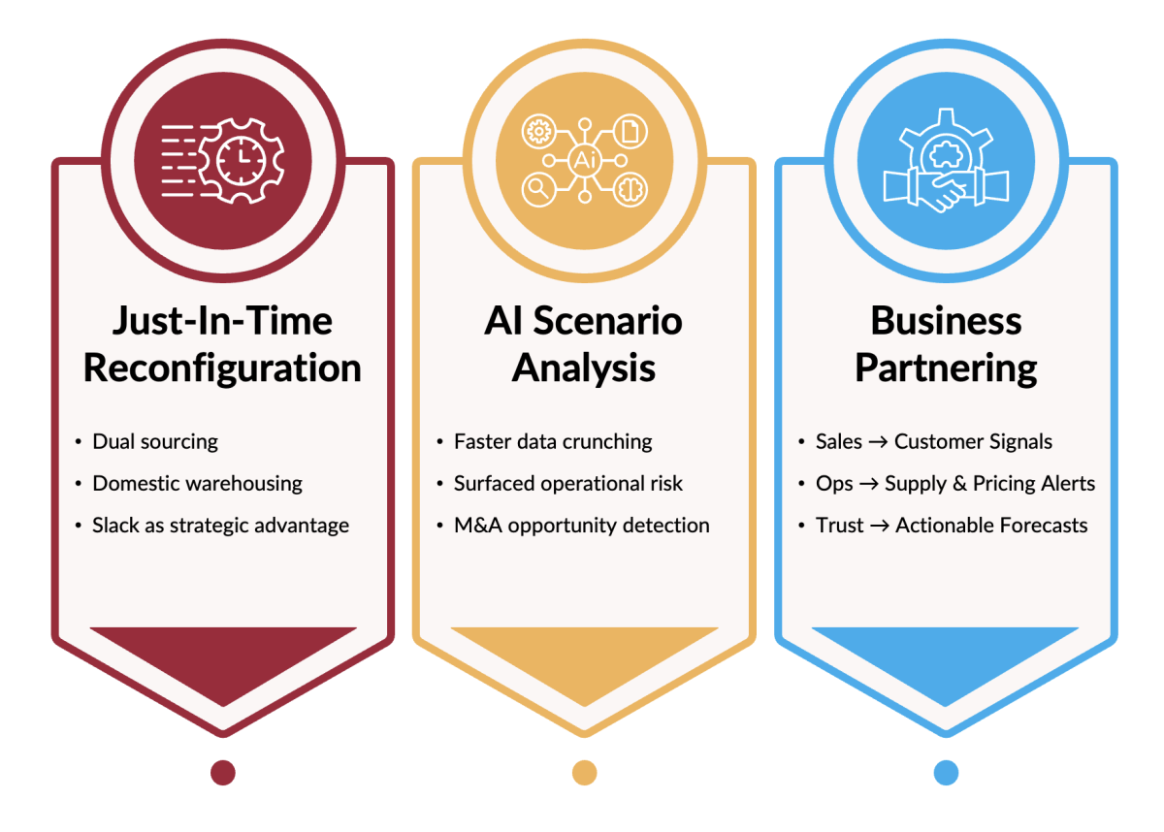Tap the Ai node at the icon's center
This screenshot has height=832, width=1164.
point(584,160)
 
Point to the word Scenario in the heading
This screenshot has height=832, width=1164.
point(607,321)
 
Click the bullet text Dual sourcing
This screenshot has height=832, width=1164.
point(155,442)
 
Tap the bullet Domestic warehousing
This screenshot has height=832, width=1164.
point(198,484)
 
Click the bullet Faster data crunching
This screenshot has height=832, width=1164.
point(553,442)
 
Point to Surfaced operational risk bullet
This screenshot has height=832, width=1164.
point(568,484)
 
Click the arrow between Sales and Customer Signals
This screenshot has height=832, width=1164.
point(878,442)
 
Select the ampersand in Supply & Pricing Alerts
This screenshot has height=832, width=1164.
point(959,484)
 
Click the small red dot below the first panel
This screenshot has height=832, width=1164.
point(223,773)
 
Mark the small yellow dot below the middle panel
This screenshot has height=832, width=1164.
point(585,773)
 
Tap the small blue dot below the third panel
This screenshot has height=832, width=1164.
point(946,773)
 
